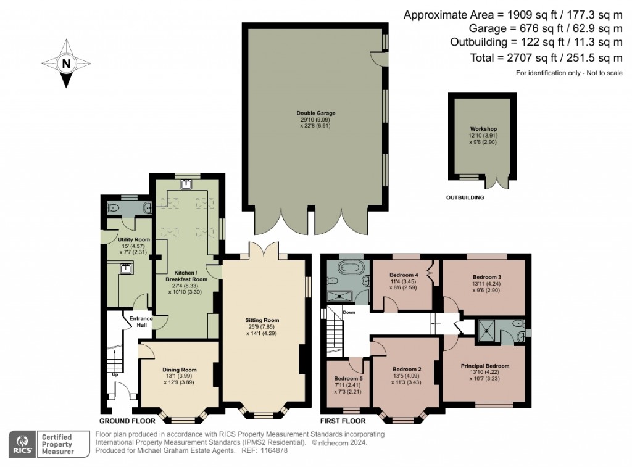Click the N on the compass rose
[x=66, y=64]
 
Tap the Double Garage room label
[x=316, y=114]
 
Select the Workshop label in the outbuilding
[x=483, y=129]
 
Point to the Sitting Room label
[x=262, y=320]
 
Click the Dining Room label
[x=180, y=370]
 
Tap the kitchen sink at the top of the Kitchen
[x=186, y=184]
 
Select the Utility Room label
[x=133, y=239]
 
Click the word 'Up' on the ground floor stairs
[x=115, y=374]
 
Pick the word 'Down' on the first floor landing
[x=349, y=312]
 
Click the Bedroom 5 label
[x=348, y=378]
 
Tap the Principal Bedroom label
[x=485, y=366]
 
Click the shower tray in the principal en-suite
[x=488, y=332]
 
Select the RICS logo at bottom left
[x=23, y=444]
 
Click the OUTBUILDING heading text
[x=465, y=197]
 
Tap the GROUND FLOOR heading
[x=127, y=421]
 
